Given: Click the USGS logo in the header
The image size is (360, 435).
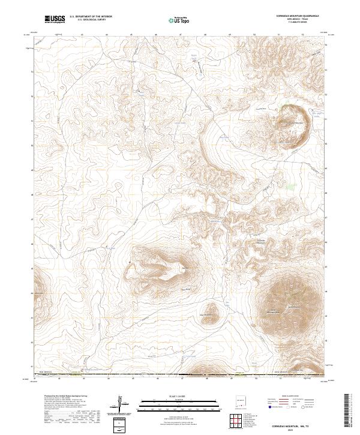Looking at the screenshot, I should (55, 19).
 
